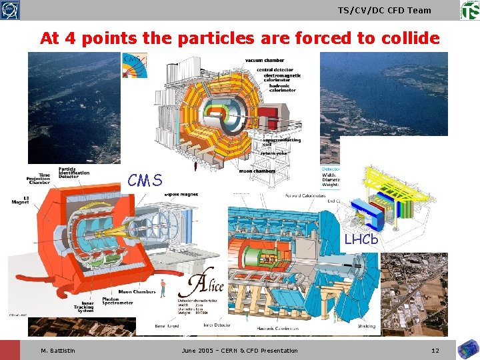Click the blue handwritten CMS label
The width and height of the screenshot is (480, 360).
[145, 180]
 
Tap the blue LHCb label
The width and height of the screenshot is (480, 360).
[361, 239]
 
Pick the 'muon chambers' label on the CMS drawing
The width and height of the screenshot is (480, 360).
[257, 171]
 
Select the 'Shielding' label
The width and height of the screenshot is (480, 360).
[365, 327]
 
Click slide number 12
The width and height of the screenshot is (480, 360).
[435, 350]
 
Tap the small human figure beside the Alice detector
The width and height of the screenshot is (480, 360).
[162, 287]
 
